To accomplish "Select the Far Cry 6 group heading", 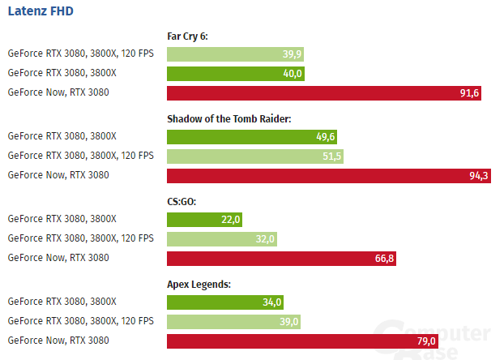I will point(188,36).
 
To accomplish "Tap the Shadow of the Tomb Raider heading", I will point(229,118).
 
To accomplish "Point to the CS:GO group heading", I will point(183,201).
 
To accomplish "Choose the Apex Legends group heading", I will point(199,284).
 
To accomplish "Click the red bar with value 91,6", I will point(325,92).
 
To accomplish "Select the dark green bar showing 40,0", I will point(236,74).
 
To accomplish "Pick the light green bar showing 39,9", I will point(236,54).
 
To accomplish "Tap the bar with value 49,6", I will point(253,136).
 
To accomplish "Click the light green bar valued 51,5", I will point(255,156).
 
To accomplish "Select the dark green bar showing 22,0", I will point(204,219).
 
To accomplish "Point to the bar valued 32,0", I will point(222,238).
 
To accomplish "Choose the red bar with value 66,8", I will point(281,258).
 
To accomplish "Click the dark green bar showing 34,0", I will point(225,302).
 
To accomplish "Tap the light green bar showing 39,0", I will point(234,321).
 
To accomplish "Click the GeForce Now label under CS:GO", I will point(58,258).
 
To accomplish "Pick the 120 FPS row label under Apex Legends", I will point(80,321).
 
